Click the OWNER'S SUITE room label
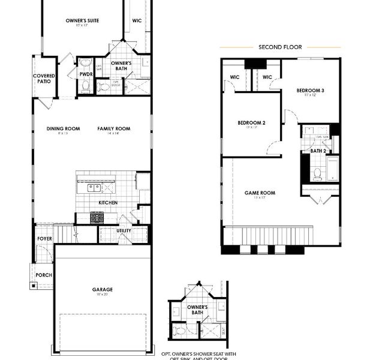82,21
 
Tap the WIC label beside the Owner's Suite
137,21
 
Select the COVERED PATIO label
44,79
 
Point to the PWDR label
86,74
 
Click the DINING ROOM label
64,128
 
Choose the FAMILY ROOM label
114,128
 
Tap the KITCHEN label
108,203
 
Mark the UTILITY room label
124,230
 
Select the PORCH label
44,275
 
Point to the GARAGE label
102,289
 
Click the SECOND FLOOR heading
280,47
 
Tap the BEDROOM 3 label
310,91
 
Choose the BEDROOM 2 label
251,123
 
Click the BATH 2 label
318,151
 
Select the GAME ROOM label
260,193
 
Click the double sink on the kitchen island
94,188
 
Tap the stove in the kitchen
96,218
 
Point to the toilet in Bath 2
317,174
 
